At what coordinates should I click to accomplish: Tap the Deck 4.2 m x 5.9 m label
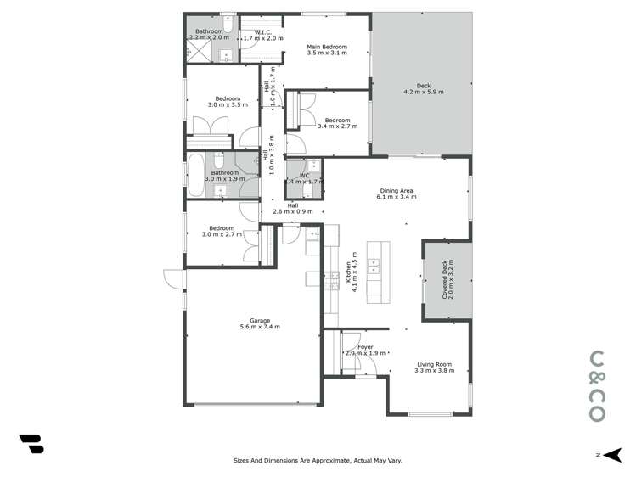[424, 89]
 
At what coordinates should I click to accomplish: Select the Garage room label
[259, 323]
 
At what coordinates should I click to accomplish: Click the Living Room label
[433, 368]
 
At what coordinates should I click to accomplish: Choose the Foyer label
[365, 350]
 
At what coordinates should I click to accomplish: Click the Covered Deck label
[447, 280]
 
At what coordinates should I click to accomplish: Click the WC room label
[302, 178]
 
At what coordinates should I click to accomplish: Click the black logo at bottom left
[31, 444]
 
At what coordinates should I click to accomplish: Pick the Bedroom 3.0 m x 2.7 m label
[222, 231]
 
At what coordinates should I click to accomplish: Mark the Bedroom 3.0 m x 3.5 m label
[228, 102]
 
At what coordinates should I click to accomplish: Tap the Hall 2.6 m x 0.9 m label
[292, 208]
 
